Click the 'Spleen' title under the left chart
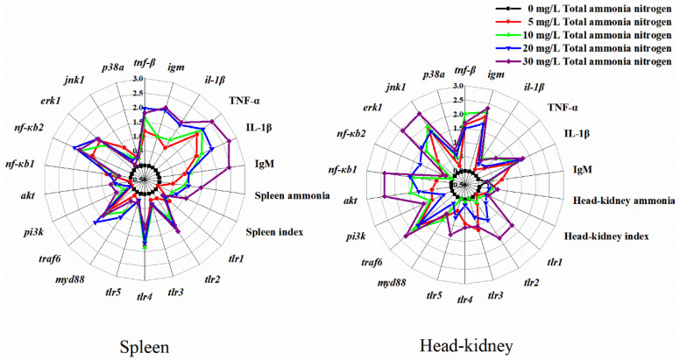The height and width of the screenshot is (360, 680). point(145,346)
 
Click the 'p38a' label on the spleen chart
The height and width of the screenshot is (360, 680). point(112,67)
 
